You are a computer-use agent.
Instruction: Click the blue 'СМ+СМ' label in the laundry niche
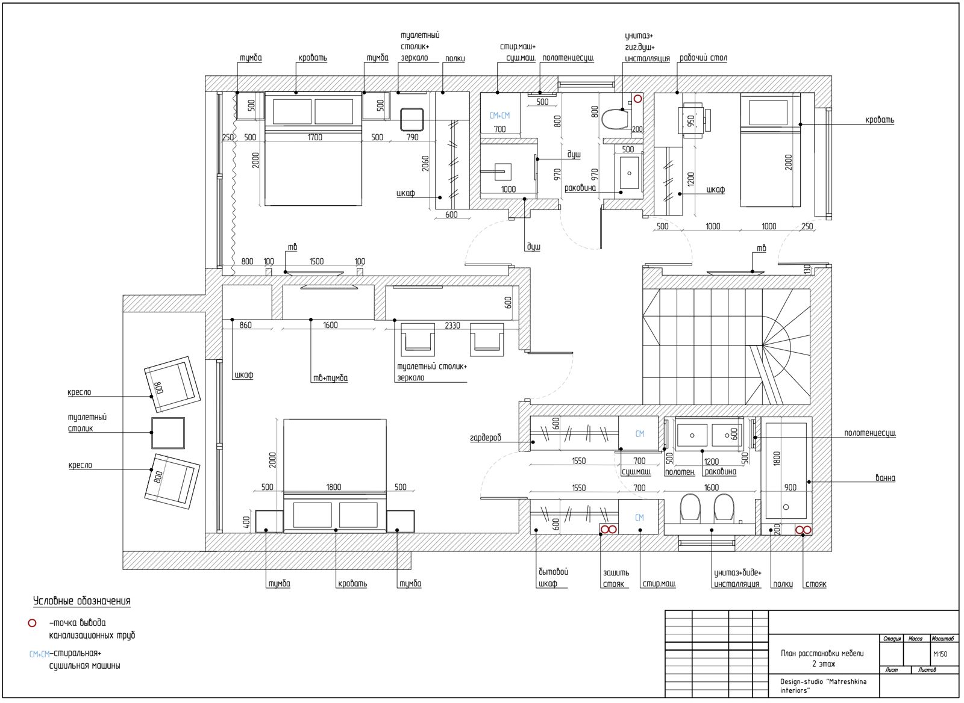click(x=499, y=115)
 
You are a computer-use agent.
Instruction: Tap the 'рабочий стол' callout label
click(x=703, y=58)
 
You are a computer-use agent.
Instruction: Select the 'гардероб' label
click(x=486, y=438)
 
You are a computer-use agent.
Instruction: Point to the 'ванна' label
click(x=885, y=478)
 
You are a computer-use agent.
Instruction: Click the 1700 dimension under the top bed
click(x=315, y=137)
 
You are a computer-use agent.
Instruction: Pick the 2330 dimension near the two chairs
click(x=452, y=326)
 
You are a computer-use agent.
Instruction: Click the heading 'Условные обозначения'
click(x=82, y=601)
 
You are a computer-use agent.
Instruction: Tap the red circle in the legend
click(x=33, y=622)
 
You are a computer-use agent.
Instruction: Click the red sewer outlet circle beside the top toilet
click(x=638, y=99)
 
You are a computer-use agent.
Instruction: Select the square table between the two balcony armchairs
click(x=168, y=433)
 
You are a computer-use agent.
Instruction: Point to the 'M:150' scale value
click(x=941, y=654)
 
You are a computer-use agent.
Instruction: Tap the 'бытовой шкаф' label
click(x=554, y=577)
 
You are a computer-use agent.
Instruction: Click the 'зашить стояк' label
click(x=616, y=578)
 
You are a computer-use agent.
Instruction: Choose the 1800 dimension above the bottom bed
click(x=334, y=487)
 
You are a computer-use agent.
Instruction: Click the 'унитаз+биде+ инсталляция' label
click(x=737, y=578)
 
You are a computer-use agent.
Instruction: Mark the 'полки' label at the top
click(x=455, y=58)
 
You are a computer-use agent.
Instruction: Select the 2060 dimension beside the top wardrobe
click(x=425, y=163)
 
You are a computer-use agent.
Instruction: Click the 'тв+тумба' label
click(x=330, y=378)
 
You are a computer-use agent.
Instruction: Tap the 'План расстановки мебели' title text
click(x=822, y=653)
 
